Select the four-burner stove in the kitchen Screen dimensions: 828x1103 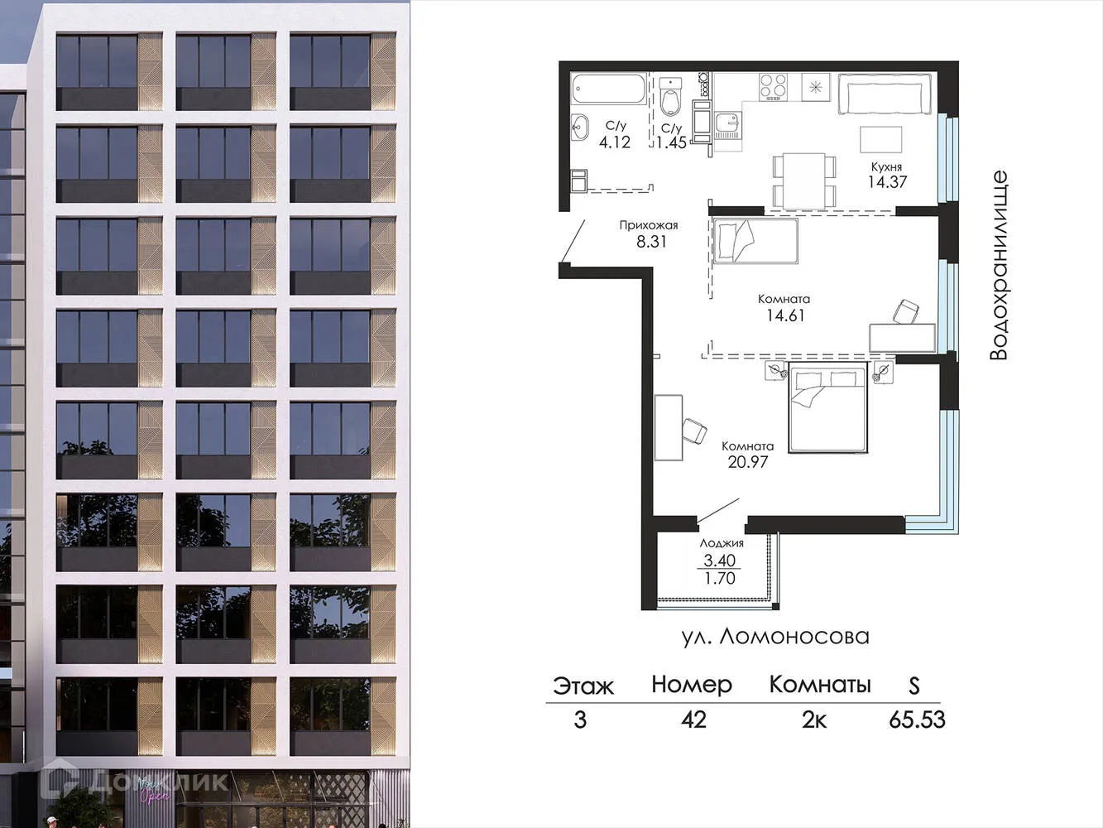(x=774, y=85)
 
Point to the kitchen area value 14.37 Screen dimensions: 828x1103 (x=887, y=182)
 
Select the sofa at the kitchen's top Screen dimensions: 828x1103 (x=885, y=95)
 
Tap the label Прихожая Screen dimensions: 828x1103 (x=649, y=225)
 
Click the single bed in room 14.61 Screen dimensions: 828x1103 (x=755, y=241)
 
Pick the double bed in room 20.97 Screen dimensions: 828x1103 (x=828, y=410)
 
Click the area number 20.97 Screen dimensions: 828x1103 (x=748, y=462)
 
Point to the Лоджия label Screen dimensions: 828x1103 (x=722, y=543)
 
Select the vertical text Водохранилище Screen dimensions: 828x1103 (x=999, y=265)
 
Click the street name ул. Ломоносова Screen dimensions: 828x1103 (x=775, y=636)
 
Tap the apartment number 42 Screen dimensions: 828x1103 (x=693, y=720)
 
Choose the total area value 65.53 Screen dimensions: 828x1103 (x=917, y=720)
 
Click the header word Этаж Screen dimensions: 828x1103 (x=583, y=686)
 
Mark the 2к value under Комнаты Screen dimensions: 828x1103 (x=814, y=720)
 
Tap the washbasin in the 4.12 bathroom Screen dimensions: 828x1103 (x=579, y=127)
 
